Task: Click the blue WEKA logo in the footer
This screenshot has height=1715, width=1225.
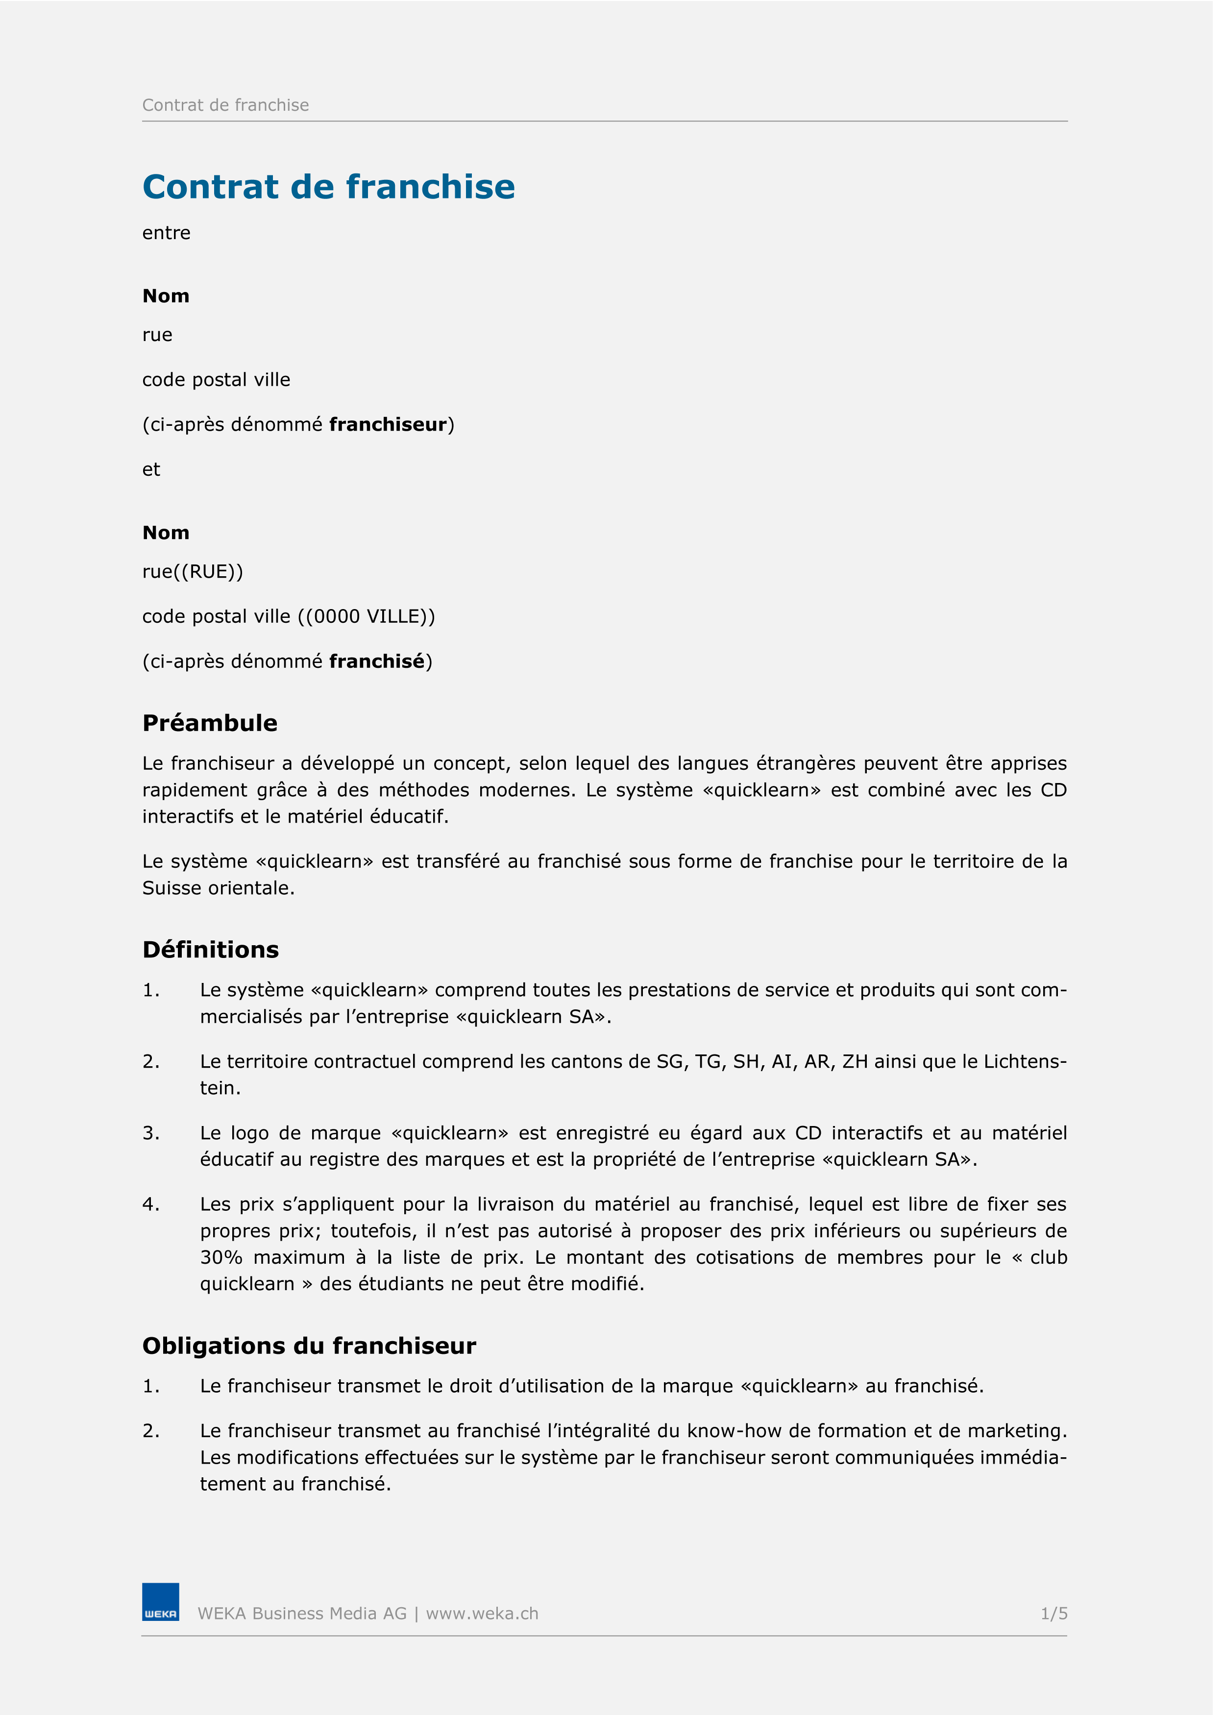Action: [161, 1601]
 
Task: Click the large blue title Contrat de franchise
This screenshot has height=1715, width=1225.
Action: [328, 187]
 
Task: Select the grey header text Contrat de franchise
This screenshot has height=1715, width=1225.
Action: [225, 105]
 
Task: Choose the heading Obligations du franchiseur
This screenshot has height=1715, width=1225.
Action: [309, 1346]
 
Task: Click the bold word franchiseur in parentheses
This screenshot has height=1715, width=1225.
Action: [388, 425]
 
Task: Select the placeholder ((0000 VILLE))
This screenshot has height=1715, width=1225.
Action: [366, 616]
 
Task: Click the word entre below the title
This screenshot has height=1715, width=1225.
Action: [166, 233]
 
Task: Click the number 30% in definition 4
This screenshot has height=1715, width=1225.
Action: [221, 1257]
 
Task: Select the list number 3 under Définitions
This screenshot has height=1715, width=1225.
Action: [150, 1133]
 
